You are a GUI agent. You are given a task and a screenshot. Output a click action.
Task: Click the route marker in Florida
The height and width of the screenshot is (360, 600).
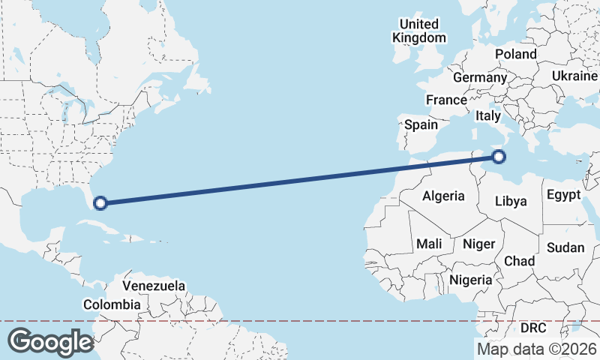[100, 202]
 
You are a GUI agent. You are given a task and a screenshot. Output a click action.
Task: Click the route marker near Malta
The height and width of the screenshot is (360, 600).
[499, 157]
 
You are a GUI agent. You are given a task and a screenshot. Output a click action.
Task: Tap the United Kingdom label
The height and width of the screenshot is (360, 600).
[420, 31]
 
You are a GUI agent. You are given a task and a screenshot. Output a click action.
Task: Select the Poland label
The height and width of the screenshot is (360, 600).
[515, 54]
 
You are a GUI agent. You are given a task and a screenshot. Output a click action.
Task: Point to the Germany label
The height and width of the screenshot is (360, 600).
[480, 77]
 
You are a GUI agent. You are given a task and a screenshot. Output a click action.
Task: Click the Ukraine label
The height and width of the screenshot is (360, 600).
[574, 76]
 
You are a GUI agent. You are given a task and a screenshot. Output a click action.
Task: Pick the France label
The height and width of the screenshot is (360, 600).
[446, 100]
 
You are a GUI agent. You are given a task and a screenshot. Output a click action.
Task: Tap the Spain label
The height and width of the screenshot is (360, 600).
[421, 125]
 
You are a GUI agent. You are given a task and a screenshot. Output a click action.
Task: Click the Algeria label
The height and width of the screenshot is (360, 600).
[443, 196]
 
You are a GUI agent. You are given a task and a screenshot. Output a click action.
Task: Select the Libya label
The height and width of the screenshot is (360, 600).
[511, 201]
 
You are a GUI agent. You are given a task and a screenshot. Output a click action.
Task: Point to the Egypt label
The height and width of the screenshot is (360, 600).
[563, 195]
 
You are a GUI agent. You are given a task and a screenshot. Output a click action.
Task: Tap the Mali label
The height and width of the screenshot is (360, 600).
[429, 244]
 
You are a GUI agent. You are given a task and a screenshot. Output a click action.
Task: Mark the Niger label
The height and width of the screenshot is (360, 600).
[478, 244]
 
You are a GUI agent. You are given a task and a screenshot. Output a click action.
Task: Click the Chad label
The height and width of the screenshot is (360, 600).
[519, 261]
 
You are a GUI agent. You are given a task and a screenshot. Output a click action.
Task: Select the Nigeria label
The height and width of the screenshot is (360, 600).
[470, 280]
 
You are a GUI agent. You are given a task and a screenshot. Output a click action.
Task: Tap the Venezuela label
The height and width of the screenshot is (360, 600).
[154, 286]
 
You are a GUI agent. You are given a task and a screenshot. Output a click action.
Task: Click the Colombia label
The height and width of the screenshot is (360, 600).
[112, 304]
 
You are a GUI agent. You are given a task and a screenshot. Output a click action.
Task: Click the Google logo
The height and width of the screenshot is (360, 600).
[50, 342]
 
